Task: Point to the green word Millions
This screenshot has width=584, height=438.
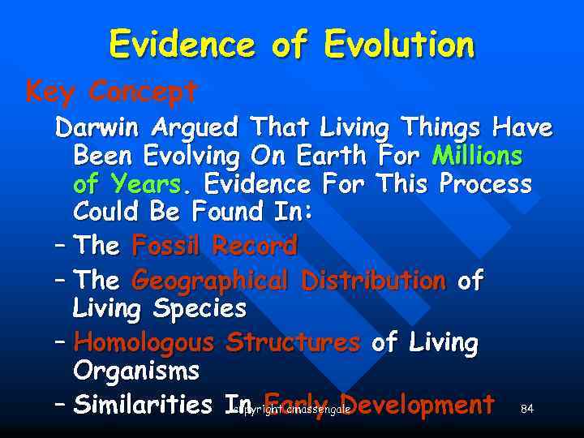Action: [477, 155]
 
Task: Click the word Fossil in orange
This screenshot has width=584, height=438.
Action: [167, 244]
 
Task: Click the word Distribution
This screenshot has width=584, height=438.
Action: [373, 281]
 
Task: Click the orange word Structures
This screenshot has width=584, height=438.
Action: [293, 343]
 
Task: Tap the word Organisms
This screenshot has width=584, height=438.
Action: [136, 371]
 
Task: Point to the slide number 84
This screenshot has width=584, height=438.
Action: [527, 409]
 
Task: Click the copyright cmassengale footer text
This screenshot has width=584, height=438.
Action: [290, 410]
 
